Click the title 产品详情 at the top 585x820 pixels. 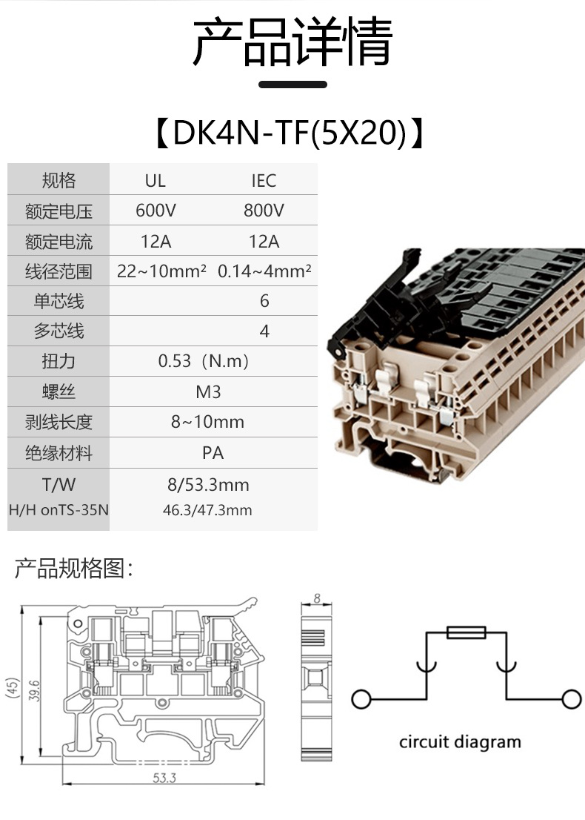point(292,42)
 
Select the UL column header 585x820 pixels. point(156,181)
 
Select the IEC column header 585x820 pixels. point(264,181)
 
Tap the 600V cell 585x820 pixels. point(156,211)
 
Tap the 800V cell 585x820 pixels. point(264,211)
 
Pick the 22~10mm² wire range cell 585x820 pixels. point(161,271)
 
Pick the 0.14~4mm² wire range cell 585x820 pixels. point(264,271)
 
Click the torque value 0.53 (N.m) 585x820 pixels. point(204,362)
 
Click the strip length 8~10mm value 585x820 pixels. point(207,423)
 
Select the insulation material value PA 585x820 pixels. point(213,453)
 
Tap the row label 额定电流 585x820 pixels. point(58,242)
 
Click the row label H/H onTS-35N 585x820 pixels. point(58,510)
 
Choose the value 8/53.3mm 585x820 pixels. point(208,485)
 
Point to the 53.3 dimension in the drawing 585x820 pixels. point(164,778)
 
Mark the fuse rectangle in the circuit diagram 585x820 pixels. point(467,632)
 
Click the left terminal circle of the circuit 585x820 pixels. point(361,699)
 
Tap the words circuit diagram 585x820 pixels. point(460,741)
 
